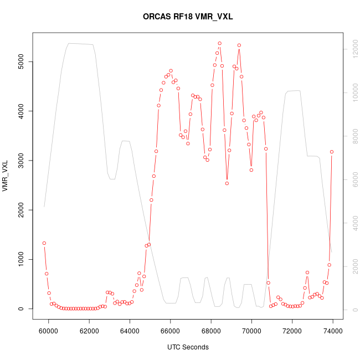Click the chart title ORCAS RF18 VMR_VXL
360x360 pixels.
(180, 17)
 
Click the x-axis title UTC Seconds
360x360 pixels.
(188, 347)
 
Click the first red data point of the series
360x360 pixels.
(44, 243)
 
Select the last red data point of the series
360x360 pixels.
(332, 152)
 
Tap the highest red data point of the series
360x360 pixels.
(219, 43)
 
